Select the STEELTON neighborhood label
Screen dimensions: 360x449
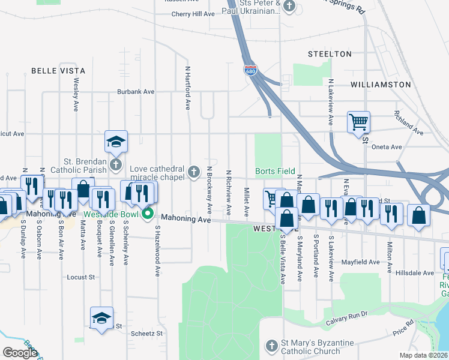(330, 54)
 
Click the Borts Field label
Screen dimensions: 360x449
(275, 171)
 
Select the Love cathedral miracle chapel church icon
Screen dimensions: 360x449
(193, 172)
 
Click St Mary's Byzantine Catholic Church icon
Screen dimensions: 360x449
(271, 346)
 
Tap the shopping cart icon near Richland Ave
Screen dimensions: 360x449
(358, 122)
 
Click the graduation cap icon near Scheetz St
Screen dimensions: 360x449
(101, 317)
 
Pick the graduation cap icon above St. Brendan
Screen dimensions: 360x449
(116, 141)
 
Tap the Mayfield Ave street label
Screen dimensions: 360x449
(362, 262)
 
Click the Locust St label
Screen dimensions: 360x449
(82, 277)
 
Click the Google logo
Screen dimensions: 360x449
(20, 353)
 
